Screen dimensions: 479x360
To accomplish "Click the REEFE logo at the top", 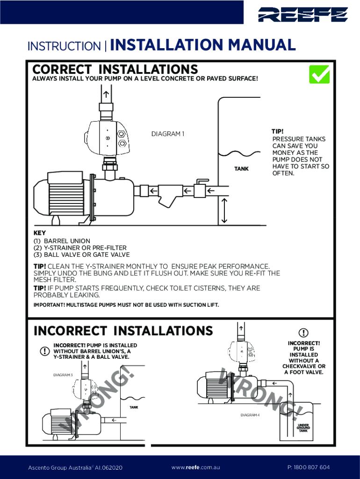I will (x=303, y=15).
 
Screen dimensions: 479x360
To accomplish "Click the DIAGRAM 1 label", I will (x=168, y=134).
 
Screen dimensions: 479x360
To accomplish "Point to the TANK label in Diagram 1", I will (x=241, y=168).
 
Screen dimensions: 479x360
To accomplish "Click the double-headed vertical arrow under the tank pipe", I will (x=225, y=210).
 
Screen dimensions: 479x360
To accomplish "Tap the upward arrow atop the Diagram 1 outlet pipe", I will (x=106, y=94).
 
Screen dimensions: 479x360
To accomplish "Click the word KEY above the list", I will (x=39, y=232).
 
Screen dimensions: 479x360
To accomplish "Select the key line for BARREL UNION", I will (x=62, y=241).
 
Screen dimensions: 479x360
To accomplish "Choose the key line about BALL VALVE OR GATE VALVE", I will (x=81, y=255).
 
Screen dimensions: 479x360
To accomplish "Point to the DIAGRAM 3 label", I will (x=63, y=375).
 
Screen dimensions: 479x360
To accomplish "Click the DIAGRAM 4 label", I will (x=250, y=415).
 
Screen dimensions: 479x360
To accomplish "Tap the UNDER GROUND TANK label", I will (x=303, y=428).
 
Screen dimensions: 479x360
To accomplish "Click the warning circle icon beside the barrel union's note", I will (x=44, y=351).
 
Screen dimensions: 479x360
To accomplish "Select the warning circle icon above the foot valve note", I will (x=304, y=333).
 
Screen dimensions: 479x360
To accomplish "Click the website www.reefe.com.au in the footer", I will (x=195, y=467).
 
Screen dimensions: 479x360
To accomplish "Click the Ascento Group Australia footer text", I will (x=75, y=467).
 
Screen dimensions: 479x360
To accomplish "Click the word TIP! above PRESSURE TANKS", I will (x=278, y=131).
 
